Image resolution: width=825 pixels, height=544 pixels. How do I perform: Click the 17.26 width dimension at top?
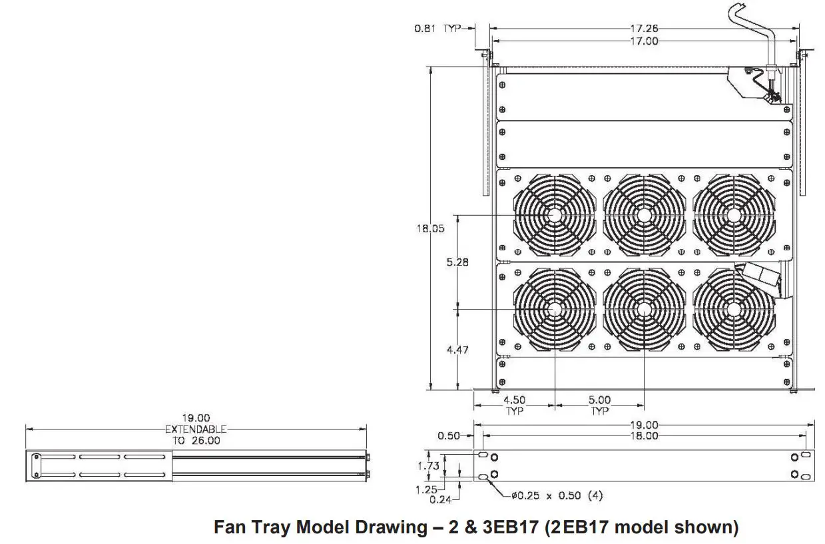coord(644,28)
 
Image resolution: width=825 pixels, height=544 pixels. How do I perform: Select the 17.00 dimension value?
coord(644,41)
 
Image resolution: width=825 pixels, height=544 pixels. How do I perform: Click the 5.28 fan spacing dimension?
coord(457,262)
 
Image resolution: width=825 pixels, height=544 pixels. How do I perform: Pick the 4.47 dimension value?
coord(457,350)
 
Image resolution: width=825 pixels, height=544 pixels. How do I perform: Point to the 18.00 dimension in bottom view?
coord(644,435)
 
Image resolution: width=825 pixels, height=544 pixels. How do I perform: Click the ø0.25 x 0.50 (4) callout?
coord(557,495)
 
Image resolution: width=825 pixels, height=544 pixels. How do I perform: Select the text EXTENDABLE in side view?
coord(196,429)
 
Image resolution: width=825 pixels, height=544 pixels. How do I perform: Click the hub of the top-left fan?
coord(554,215)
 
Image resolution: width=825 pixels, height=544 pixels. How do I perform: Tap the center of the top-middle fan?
coord(644,215)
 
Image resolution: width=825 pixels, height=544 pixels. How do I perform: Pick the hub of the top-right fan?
coord(733,215)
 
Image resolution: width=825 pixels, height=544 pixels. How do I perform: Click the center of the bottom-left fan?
coord(554,309)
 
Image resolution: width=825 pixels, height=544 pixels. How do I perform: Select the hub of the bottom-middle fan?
coord(644,309)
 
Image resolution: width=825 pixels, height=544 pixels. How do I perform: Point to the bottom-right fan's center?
coord(733,309)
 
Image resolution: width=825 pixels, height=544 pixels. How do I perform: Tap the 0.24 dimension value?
coord(437,499)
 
